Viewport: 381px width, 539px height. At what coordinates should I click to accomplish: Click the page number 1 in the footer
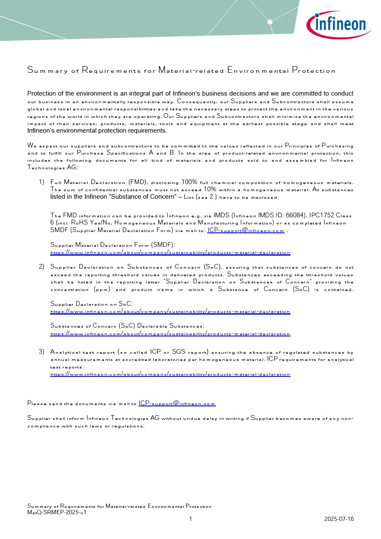pyautogui.click(x=190, y=519)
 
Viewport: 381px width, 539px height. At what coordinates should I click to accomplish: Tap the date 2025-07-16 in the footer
pyautogui.click(x=339, y=519)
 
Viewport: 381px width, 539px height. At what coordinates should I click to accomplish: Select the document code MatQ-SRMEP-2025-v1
pyautogui.click(x=57, y=512)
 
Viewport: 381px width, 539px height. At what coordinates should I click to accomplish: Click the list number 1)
pyautogui.click(x=41, y=182)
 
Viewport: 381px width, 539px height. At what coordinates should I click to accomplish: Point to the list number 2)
pyautogui.click(x=41, y=267)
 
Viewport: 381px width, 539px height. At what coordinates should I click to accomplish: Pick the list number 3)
pyautogui.click(x=41, y=352)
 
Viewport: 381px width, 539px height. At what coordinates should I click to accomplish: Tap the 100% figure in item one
pyautogui.click(x=189, y=182)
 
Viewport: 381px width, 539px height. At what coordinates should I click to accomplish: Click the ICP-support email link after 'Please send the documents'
pyautogui.click(x=177, y=403)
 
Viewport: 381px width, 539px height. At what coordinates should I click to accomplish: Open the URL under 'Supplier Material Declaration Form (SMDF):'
pyautogui.click(x=170, y=253)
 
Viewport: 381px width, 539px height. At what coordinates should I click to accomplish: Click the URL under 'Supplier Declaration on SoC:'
pyautogui.click(x=170, y=312)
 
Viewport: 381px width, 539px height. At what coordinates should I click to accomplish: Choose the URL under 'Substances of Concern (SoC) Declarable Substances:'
pyautogui.click(x=170, y=334)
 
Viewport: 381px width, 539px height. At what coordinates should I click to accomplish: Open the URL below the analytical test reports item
pyautogui.click(x=170, y=374)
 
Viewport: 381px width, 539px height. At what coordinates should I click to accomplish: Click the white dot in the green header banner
pyautogui.click(x=270, y=22)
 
